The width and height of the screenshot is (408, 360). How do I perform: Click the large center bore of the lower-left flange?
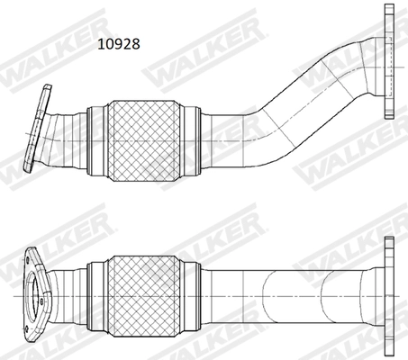[x=39, y=292]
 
